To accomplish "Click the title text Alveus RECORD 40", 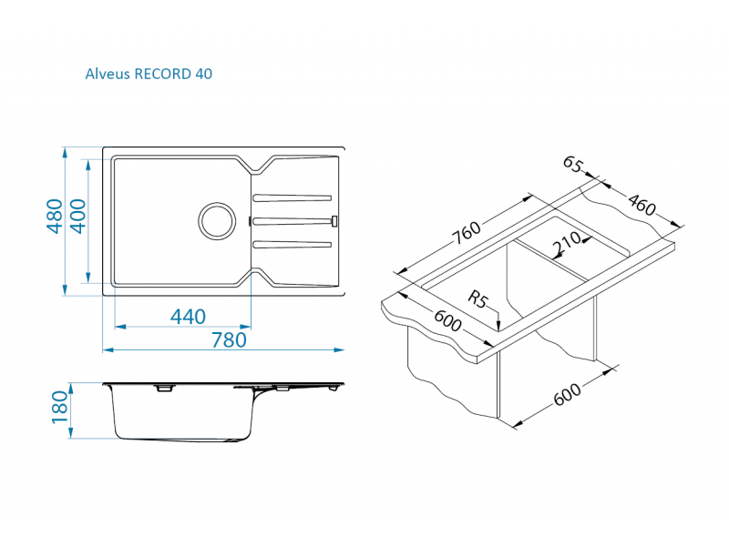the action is (149, 74).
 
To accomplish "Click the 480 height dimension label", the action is (55, 216).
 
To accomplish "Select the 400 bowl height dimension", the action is (77, 216).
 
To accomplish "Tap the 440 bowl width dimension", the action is (188, 317).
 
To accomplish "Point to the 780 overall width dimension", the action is (229, 340).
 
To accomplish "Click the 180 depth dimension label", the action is (59, 407).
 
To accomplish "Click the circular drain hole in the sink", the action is (217, 221).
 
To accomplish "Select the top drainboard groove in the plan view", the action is (292, 198).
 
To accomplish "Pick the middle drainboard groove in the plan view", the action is (292, 221).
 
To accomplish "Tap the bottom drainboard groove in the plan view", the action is (292, 244).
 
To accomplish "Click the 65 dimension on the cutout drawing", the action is (572, 164).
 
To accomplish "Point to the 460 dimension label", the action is (642, 205).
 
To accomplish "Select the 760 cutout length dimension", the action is (467, 233).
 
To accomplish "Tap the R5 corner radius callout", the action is (477, 299).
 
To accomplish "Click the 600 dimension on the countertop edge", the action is (447, 321).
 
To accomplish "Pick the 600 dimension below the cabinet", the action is (567, 395).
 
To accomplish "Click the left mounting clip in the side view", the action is (164, 388).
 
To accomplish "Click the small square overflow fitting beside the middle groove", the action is (334, 221).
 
